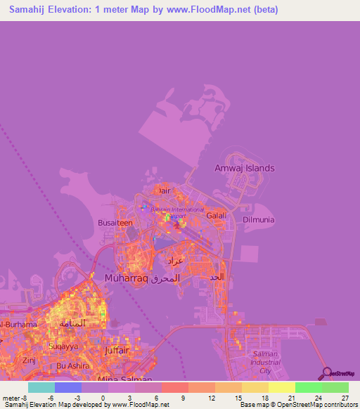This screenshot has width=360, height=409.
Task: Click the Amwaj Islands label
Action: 244,169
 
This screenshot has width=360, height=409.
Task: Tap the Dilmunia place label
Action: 258,219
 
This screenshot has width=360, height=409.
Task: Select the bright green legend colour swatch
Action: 308,387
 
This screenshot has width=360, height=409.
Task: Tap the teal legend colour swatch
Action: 41,387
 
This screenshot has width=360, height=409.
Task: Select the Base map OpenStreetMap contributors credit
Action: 297,405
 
